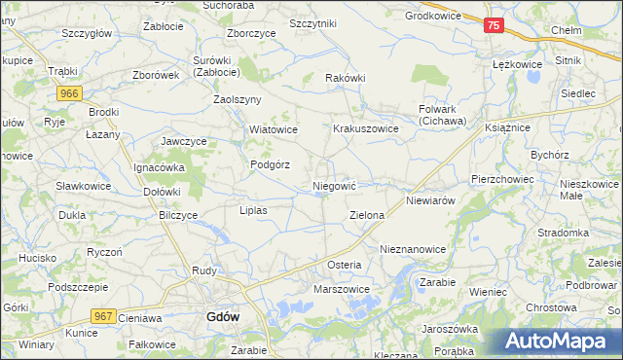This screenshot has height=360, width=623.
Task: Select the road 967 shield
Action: (x=103, y=316)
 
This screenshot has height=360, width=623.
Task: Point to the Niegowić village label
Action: (x=335, y=184)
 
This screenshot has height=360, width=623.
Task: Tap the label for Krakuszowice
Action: (x=367, y=128)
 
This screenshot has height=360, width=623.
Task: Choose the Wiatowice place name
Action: (x=273, y=128)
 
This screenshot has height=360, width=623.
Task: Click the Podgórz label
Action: (x=270, y=164)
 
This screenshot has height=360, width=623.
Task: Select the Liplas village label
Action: (x=253, y=209)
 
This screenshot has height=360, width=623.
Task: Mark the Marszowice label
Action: (x=341, y=289)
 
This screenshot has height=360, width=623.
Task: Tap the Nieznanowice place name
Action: (x=413, y=249)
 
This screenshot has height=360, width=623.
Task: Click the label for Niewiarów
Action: (x=431, y=200)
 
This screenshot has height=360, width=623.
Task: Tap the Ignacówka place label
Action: (x=159, y=166)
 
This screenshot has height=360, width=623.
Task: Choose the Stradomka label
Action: (x=565, y=233)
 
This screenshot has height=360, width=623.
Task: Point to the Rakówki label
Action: (x=346, y=78)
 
